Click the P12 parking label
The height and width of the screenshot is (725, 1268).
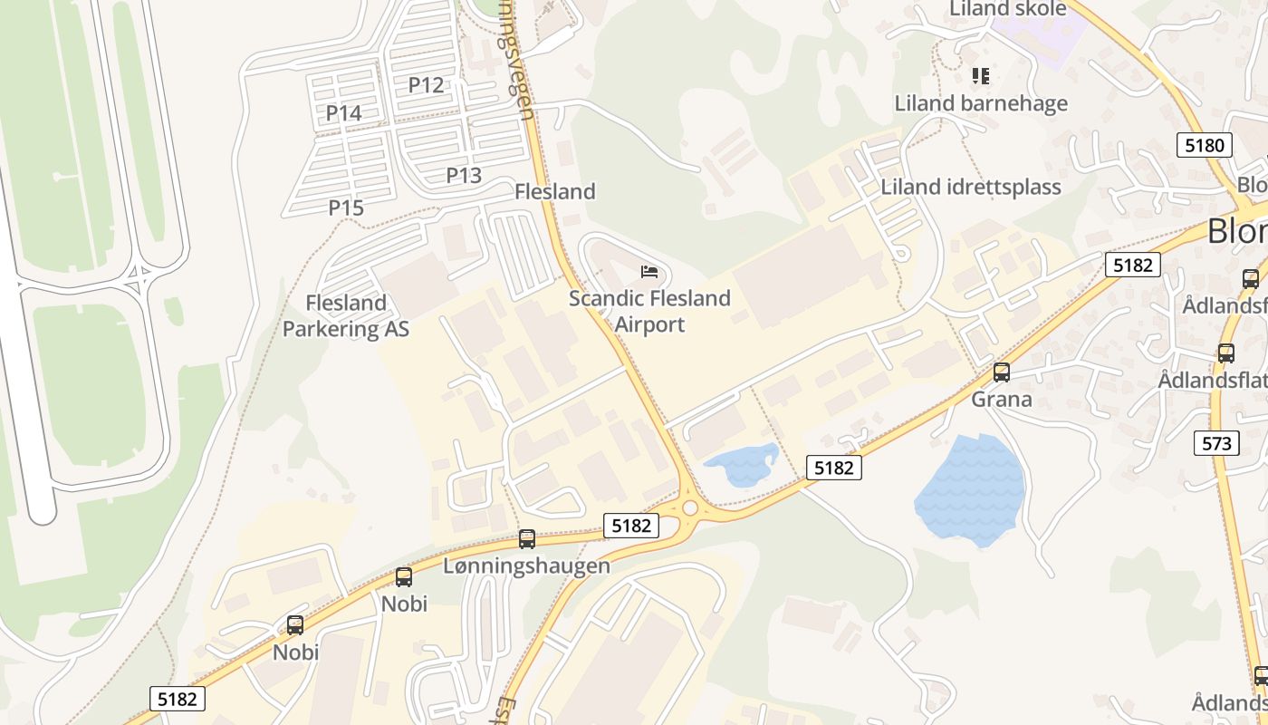click(x=426, y=85)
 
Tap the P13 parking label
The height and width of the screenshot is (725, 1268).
click(x=464, y=175)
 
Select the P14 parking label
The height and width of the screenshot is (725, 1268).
click(x=344, y=113)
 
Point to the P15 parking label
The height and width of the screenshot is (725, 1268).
click(x=346, y=208)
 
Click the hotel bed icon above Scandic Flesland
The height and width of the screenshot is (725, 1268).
click(x=648, y=271)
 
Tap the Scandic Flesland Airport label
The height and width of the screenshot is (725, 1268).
click(x=649, y=311)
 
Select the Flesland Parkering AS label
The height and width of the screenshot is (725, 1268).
click(x=346, y=315)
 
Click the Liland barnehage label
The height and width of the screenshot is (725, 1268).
click(x=981, y=103)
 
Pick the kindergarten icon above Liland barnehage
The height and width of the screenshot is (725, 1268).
click(x=980, y=76)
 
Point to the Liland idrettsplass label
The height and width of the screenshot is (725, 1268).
click(x=971, y=188)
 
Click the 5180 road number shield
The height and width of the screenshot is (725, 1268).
click(x=1205, y=145)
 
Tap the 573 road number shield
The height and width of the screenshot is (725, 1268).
click(x=1217, y=443)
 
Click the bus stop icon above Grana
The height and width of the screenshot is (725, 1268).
click(x=1002, y=372)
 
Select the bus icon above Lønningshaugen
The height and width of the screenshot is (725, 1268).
click(x=527, y=539)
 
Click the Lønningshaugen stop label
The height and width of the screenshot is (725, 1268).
click(x=527, y=565)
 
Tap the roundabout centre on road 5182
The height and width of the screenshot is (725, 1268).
click(x=690, y=508)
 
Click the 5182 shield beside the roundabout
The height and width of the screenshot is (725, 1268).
click(x=631, y=525)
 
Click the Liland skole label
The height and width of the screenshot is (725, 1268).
click(x=1007, y=9)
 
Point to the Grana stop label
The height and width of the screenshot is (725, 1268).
click(x=1002, y=399)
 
